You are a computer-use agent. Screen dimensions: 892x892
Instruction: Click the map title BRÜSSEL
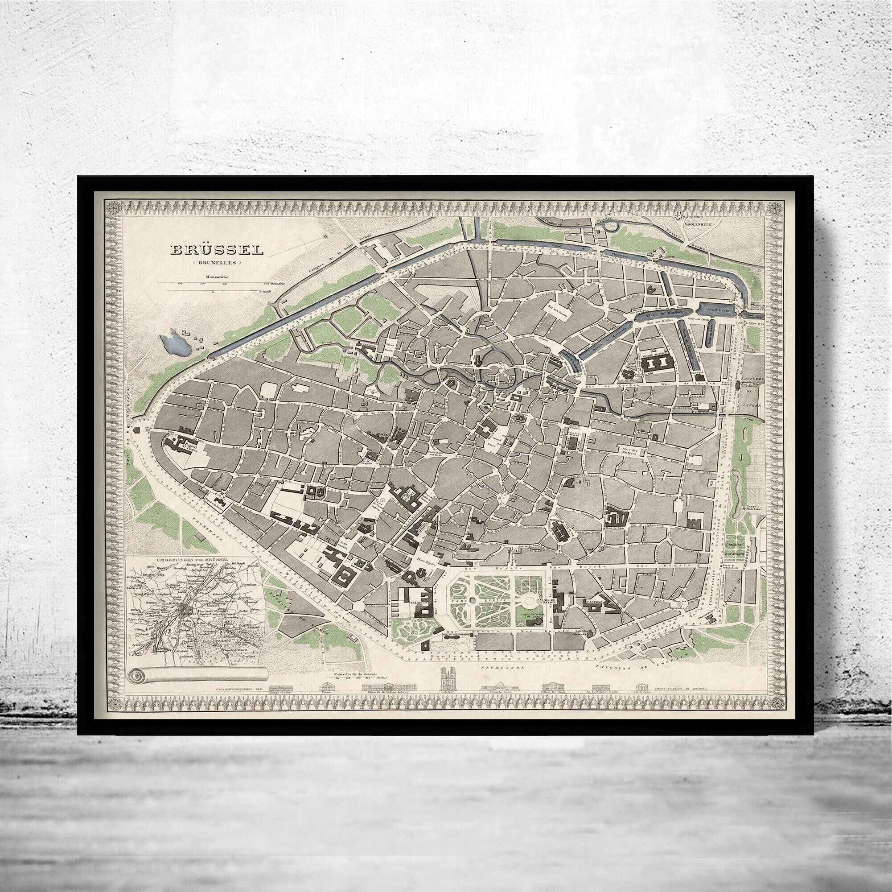217,250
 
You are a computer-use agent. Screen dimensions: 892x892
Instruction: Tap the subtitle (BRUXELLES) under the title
217,263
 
